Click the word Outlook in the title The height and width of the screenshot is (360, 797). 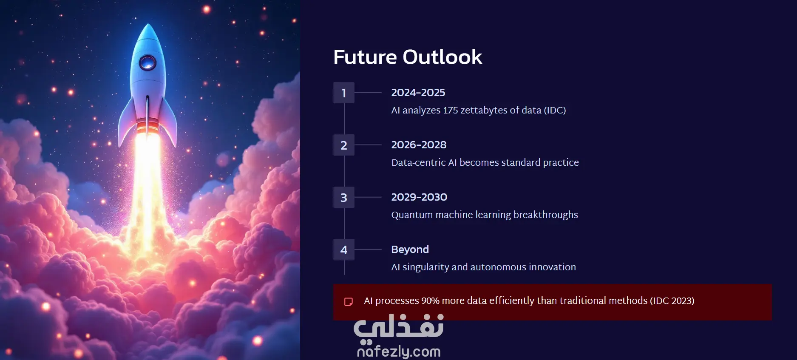coord(442,57)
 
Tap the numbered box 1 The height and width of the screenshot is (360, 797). coord(344,93)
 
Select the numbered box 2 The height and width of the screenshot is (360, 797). coord(344,145)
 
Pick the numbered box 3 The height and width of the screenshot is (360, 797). coord(344,197)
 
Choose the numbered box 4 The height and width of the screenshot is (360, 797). coord(344,249)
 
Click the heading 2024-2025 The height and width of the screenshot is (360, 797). coord(418,93)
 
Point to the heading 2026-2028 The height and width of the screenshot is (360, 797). coord(419,145)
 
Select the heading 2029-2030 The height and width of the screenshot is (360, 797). coord(419,197)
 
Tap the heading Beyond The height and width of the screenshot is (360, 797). coord(410,249)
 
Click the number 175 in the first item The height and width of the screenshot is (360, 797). coord(450,110)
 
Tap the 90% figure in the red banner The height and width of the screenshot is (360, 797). coord(430,300)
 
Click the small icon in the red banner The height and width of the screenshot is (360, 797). coord(348,302)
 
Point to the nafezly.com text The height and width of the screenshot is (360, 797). coord(399,351)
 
